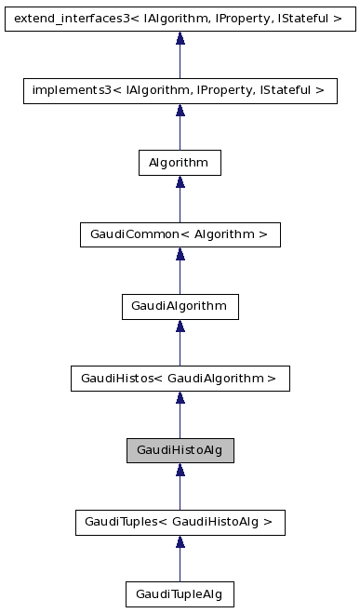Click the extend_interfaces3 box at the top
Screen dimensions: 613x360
coord(180,18)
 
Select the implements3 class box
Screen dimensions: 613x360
coord(180,90)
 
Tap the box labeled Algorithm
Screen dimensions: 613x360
coord(180,163)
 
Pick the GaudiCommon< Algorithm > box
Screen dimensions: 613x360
coord(180,235)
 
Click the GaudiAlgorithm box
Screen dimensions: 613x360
coord(180,307)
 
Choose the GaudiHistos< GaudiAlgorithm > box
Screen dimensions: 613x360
coord(180,379)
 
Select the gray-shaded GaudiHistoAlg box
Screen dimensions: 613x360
coord(180,451)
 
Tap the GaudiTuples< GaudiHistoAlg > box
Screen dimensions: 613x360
coord(180,523)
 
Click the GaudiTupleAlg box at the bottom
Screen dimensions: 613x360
coord(180,593)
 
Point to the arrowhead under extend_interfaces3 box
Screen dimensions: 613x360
coord(180,39)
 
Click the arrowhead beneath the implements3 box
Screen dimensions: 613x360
coord(180,112)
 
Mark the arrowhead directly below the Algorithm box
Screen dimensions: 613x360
coord(180,184)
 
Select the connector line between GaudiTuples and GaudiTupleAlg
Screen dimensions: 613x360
coord(180,566)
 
